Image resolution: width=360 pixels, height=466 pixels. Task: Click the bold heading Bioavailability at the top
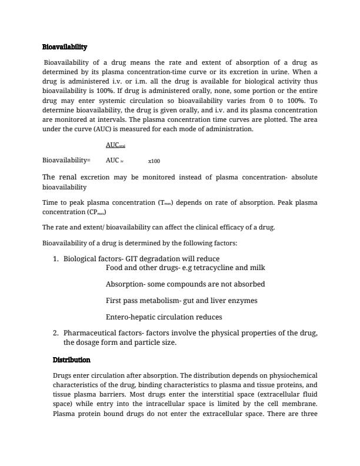coord(65,47)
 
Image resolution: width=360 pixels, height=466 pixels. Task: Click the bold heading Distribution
coord(71,360)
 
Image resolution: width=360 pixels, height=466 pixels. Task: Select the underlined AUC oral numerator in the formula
coord(115,145)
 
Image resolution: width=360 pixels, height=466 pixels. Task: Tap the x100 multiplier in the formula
coord(154,161)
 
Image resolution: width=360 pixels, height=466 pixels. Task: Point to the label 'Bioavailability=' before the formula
coord(66,160)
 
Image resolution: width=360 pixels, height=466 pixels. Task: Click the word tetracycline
coord(208,268)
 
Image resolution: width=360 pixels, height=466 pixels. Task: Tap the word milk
coord(256,268)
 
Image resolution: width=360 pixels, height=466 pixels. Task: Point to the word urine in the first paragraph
coord(279,72)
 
